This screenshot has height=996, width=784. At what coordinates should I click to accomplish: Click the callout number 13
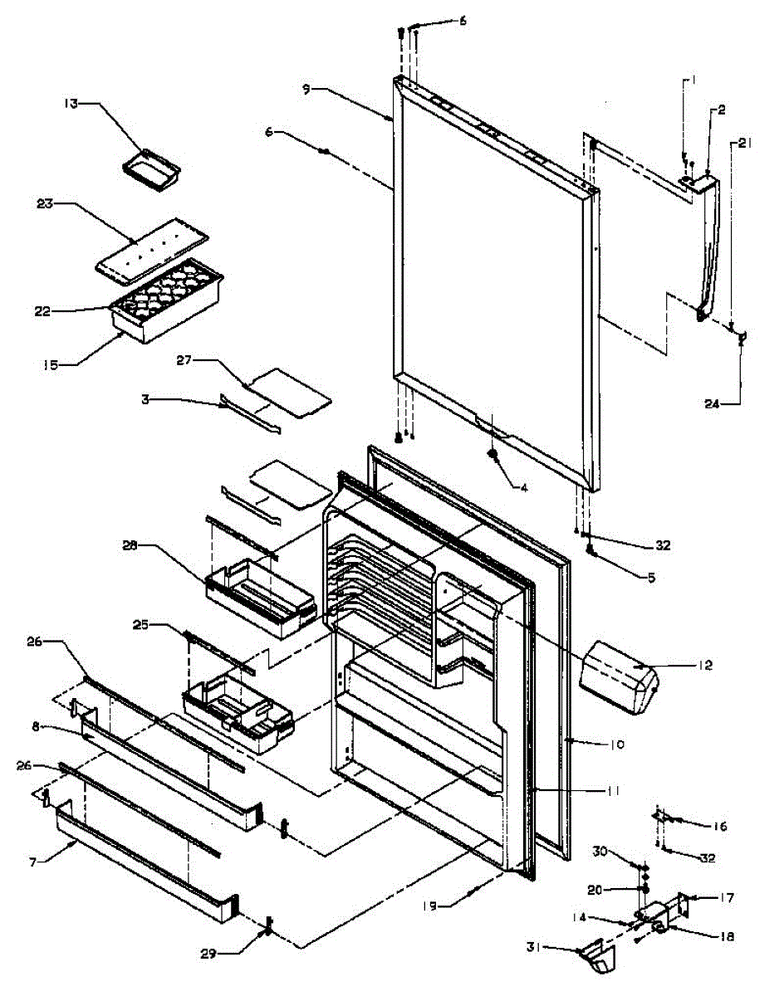point(71,104)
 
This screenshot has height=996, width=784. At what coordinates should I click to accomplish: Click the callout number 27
point(184,360)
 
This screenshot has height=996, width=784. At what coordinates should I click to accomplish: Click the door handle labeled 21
point(711,249)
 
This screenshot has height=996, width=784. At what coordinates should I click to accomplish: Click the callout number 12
point(705,665)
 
